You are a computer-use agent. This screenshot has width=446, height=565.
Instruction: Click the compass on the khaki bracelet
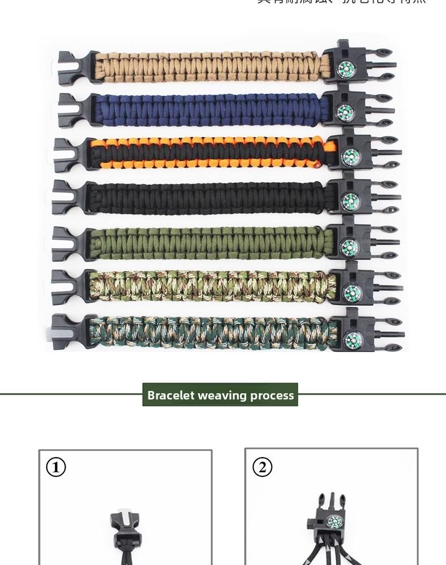coord(346,68)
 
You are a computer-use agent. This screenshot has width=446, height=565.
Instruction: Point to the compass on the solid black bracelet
coord(349,199)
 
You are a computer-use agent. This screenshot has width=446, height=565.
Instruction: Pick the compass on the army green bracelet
coord(348,246)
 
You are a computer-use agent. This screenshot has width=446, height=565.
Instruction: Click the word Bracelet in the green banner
coord(173,395)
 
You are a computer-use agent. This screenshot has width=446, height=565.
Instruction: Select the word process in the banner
coord(273,395)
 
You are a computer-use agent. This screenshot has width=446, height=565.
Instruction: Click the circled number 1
coord(55,467)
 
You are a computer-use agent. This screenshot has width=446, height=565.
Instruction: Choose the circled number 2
coord(262,467)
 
